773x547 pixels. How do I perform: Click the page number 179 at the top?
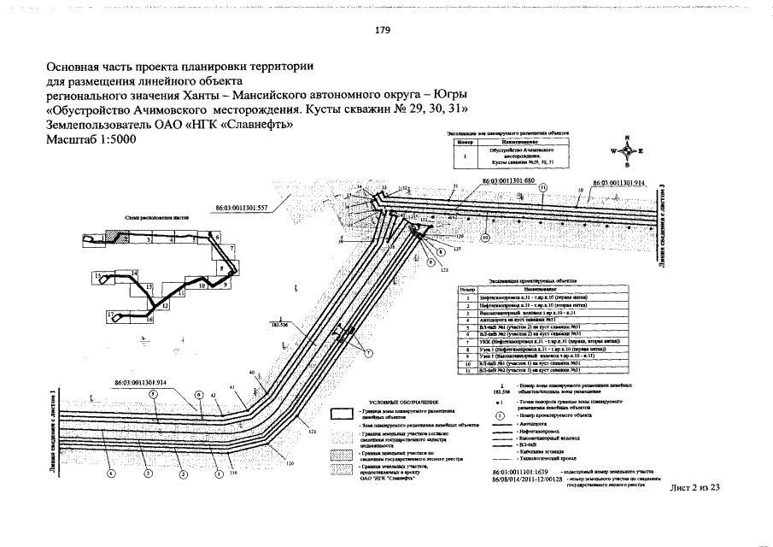click(x=383, y=30)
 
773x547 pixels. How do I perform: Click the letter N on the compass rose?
click(x=628, y=138)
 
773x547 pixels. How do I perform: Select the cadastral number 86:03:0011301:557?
click(x=241, y=207)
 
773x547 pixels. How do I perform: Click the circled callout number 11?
click(x=542, y=186)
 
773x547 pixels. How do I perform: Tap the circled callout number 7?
click(x=368, y=353)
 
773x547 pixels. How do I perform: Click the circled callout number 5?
click(x=152, y=394)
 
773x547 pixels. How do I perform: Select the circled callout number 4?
click(x=110, y=473)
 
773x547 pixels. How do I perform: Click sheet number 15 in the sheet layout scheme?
click(x=98, y=275)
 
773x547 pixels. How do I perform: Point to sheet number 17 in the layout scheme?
click(x=111, y=315)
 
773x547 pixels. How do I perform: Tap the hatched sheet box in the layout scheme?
click(x=112, y=238)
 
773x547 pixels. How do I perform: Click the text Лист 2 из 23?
click(x=693, y=487)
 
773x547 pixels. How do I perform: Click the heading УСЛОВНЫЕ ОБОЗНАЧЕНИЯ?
click(x=403, y=402)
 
